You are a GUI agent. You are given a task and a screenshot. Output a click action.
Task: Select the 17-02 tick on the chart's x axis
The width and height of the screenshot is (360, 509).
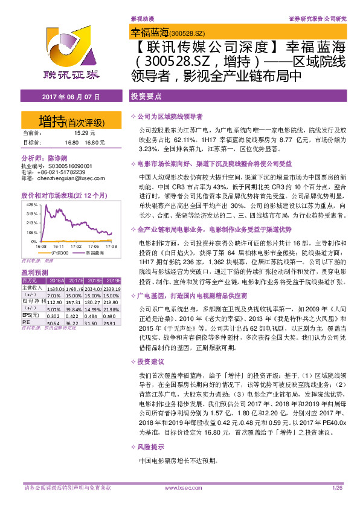tap(76, 246)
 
